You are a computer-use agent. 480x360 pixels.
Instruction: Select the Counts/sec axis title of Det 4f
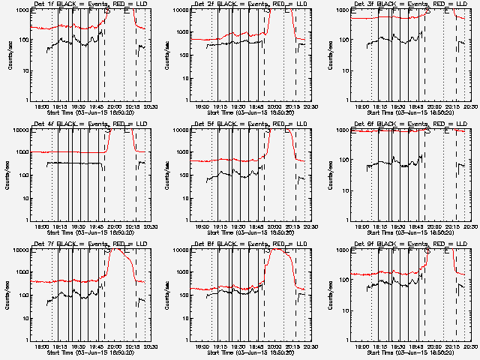(x=8, y=175)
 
